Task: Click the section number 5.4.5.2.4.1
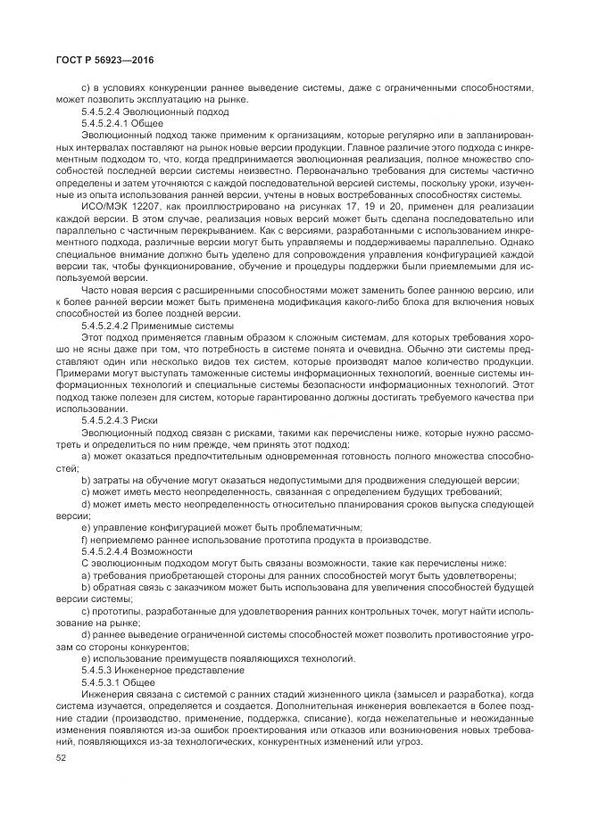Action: (109, 124)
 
